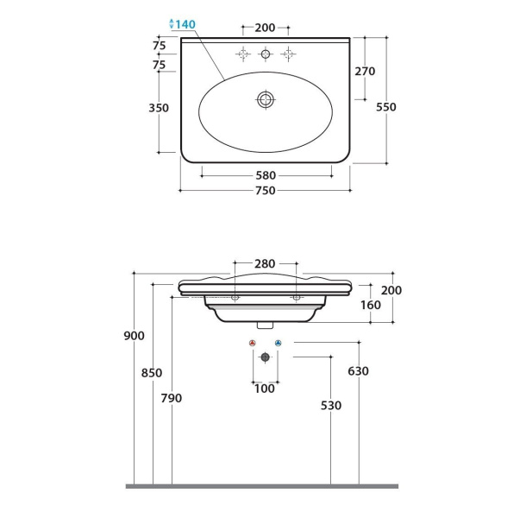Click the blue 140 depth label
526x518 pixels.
pos(185,24)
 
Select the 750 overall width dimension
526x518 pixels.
pos(266,191)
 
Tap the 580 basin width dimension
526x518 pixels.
pos(266,175)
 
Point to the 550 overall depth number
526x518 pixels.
pos(386,107)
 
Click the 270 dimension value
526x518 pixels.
pos(365,71)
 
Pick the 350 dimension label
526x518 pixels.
pos(159,108)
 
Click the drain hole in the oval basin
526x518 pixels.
pos(266,99)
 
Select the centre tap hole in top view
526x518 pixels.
pos(266,54)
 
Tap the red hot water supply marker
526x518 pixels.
pos(253,343)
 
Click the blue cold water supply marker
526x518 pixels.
pos(279,343)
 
